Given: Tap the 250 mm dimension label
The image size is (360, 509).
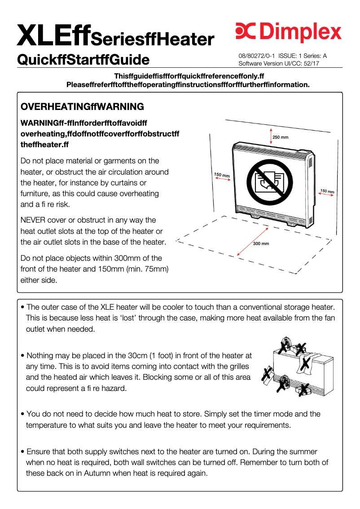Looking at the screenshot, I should (x=281, y=137).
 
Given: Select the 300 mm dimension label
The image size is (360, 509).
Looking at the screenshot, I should (x=261, y=244).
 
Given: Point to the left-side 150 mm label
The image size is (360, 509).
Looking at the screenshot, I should (x=222, y=175).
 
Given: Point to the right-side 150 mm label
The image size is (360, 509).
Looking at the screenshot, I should (x=327, y=192).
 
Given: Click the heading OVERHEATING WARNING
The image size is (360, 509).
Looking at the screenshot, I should (x=83, y=107).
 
